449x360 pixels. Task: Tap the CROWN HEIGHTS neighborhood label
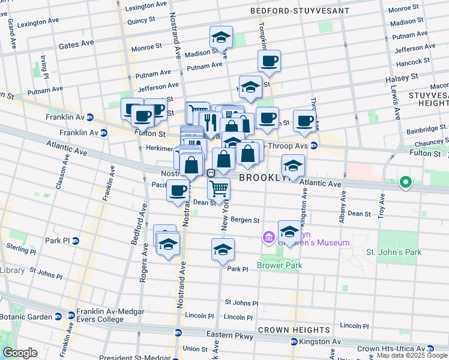[x=294, y=330]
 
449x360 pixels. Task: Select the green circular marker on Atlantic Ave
[x=406, y=182]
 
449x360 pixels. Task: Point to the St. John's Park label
[x=394, y=252]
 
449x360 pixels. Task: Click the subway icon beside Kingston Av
[x=294, y=341]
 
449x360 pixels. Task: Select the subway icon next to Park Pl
[x=76, y=241]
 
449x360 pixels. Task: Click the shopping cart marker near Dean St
[x=219, y=188]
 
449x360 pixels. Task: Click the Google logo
[x=20, y=353]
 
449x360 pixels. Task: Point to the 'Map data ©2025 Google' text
[x=411, y=355]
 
